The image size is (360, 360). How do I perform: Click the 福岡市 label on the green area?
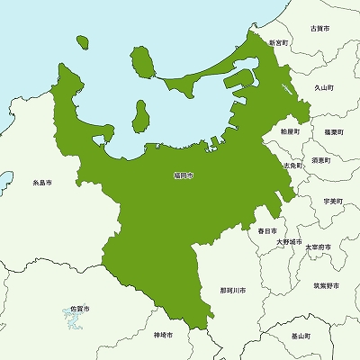(183, 175)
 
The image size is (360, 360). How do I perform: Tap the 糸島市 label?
(41, 182)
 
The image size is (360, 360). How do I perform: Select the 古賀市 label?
(319, 30)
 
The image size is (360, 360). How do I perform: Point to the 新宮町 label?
(279, 42)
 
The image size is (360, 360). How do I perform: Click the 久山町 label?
(324, 88)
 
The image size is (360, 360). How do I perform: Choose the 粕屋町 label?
(290, 131)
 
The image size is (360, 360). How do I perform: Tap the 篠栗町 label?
(322, 131)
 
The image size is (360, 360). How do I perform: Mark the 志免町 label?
(292, 166)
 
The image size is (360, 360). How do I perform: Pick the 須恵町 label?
(320, 160)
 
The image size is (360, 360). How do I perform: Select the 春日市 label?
(266, 231)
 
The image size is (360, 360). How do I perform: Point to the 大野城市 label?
(289, 242)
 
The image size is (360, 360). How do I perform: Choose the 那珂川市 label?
(232, 292)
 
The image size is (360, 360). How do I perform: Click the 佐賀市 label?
(80, 309)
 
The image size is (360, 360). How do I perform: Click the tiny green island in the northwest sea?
(82, 42)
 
